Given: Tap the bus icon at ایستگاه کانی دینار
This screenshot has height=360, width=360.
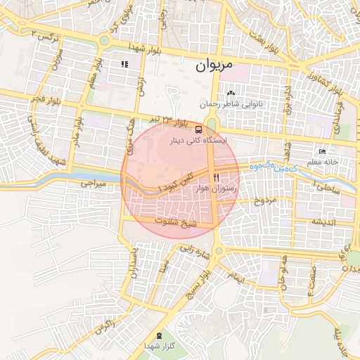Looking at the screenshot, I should pyautogui.click(x=199, y=129).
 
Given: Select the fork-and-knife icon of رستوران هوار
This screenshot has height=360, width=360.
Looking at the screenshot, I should pyautogui.click(x=218, y=177).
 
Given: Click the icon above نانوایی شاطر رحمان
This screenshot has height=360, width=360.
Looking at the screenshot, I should pyautogui.click(x=231, y=93).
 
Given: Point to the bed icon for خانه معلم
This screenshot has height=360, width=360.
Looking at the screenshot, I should pyautogui.click(x=322, y=151).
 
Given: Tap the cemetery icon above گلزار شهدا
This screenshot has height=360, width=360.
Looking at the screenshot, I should pyautogui.click(x=160, y=335).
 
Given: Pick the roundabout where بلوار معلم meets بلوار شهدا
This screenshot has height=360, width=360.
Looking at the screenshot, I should pyautogui.click(x=105, y=41).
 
